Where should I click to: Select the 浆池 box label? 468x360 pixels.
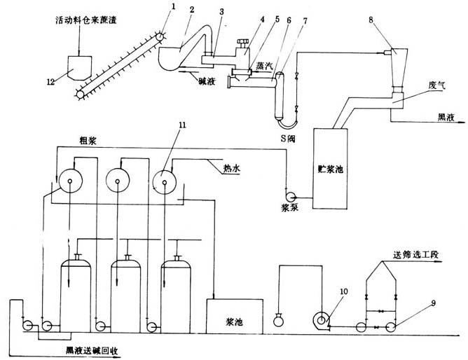click(234, 324)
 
